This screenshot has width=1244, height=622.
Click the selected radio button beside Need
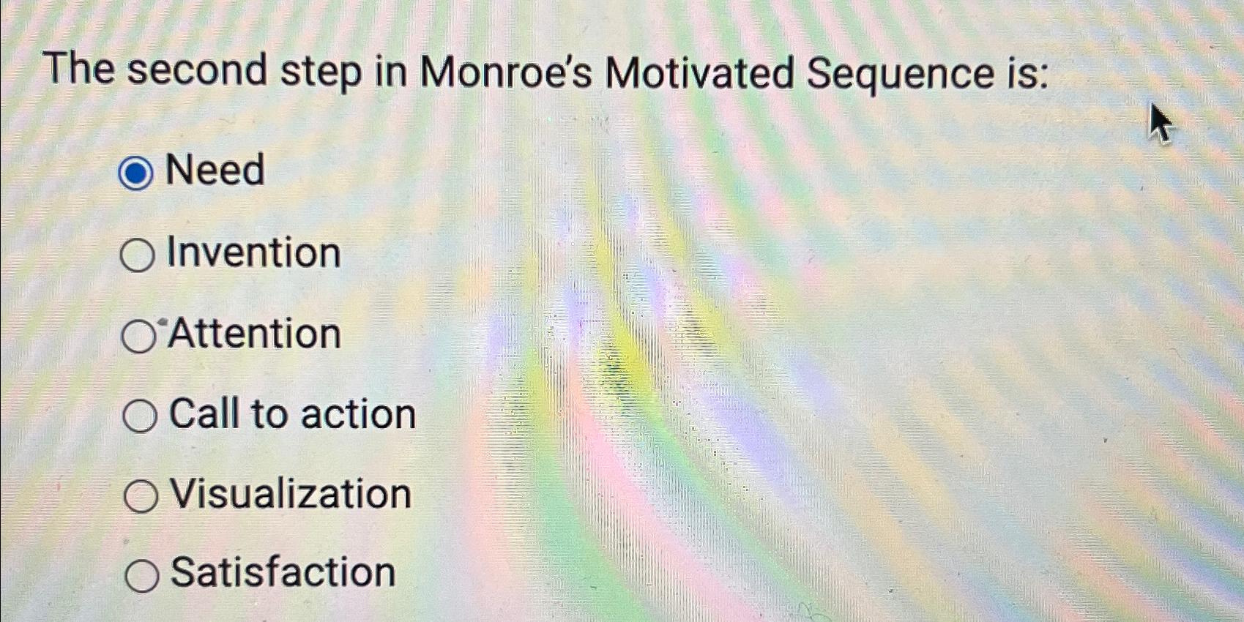[x=135, y=173]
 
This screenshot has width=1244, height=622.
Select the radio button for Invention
[x=137, y=255]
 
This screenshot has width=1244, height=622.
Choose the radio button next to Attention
[x=138, y=337]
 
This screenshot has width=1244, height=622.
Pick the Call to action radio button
[x=139, y=416]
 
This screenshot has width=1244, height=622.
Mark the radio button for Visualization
[x=141, y=496]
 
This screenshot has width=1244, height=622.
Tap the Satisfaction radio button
[x=141, y=575]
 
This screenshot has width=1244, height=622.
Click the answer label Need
[x=215, y=171]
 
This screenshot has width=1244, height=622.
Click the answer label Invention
[x=253, y=253]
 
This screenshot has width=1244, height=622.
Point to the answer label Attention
[x=255, y=334]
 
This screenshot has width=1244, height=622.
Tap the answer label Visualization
[x=291, y=494]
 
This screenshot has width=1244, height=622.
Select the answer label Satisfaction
[x=283, y=572]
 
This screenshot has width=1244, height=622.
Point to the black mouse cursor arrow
[x=1159, y=123]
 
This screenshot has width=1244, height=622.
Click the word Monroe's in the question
[x=505, y=73]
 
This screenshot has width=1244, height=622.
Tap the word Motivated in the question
[x=699, y=74]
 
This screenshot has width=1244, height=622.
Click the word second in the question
[x=198, y=71]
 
